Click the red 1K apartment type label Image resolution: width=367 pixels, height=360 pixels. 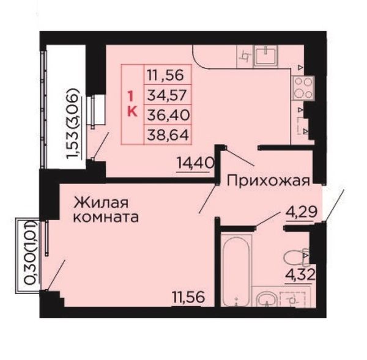[x=132, y=104]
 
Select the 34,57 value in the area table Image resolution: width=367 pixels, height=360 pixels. [x=168, y=95]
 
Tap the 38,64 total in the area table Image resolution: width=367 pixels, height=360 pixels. [x=168, y=135]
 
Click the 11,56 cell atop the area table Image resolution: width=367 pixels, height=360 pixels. [x=165, y=75]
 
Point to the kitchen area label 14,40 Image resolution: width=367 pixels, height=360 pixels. [x=196, y=163]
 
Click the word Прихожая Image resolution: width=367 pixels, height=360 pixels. [x=269, y=182]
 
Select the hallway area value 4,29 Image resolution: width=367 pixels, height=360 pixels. [x=302, y=212]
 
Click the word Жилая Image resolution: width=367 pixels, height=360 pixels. [x=101, y=202]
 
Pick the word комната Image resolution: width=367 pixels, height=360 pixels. [x=106, y=218]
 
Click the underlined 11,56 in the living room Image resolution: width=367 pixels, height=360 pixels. [x=188, y=297]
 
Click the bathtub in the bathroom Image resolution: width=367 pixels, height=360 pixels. [x=236, y=271]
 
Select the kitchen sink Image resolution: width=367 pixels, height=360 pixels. [x=266, y=56]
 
